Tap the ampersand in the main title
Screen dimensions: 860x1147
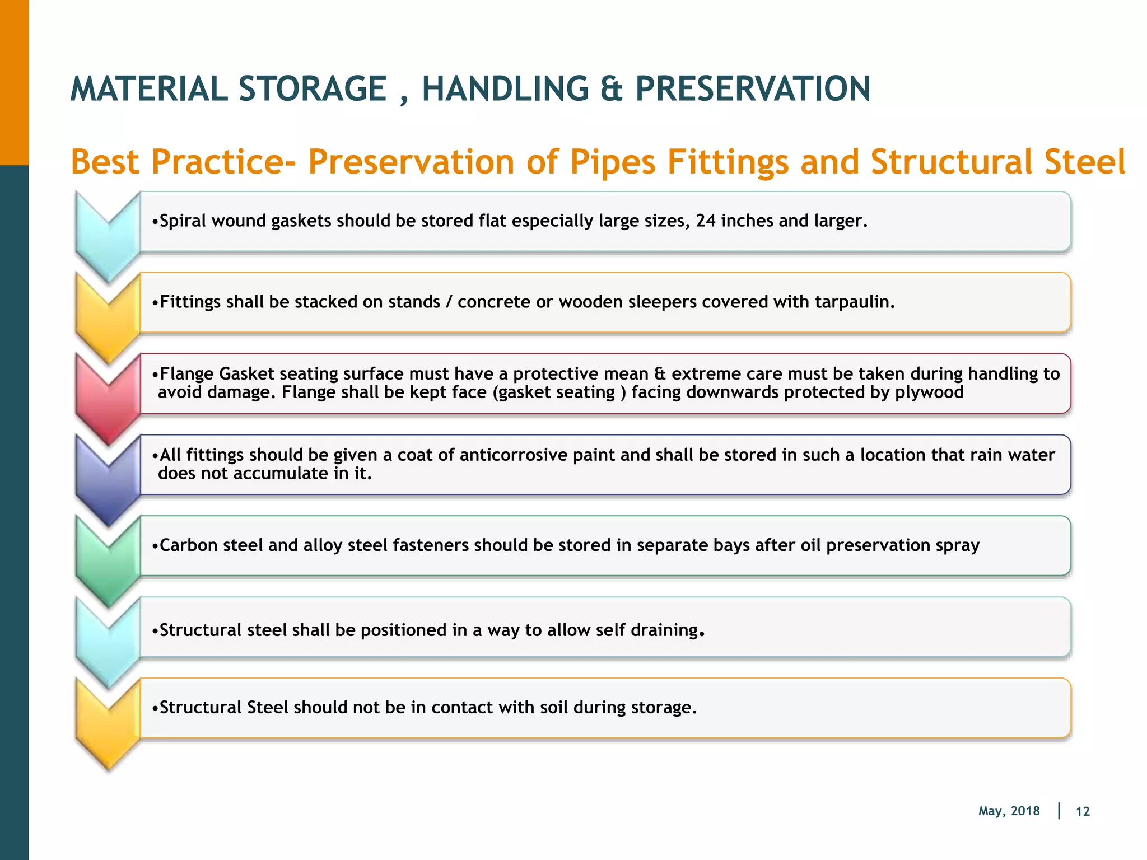click(611, 90)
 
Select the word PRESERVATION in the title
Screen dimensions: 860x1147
click(753, 90)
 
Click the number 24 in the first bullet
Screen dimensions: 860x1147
click(706, 221)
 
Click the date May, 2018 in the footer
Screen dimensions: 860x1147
click(1009, 811)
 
